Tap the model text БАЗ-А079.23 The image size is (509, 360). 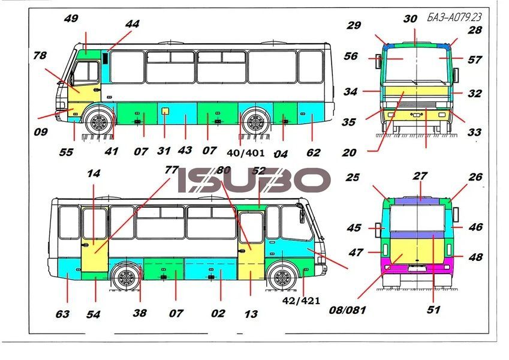[x=454, y=17]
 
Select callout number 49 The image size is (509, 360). [x=71, y=18]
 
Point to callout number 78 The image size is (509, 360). [x=40, y=56]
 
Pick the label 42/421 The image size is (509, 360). [x=301, y=301]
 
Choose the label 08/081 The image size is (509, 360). [x=347, y=310]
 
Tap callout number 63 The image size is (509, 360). [x=62, y=314]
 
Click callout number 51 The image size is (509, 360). [x=433, y=310]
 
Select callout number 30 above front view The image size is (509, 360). [x=410, y=19]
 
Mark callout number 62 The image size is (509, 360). [x=314, y=152]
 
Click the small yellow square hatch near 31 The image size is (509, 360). [x=165, y=111]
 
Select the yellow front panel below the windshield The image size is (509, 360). [x=417, y=94]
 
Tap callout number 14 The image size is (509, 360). [x=94, y=173]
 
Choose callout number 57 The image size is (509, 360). [x=474, y=60]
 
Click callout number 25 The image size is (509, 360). [x=353, y=178]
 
